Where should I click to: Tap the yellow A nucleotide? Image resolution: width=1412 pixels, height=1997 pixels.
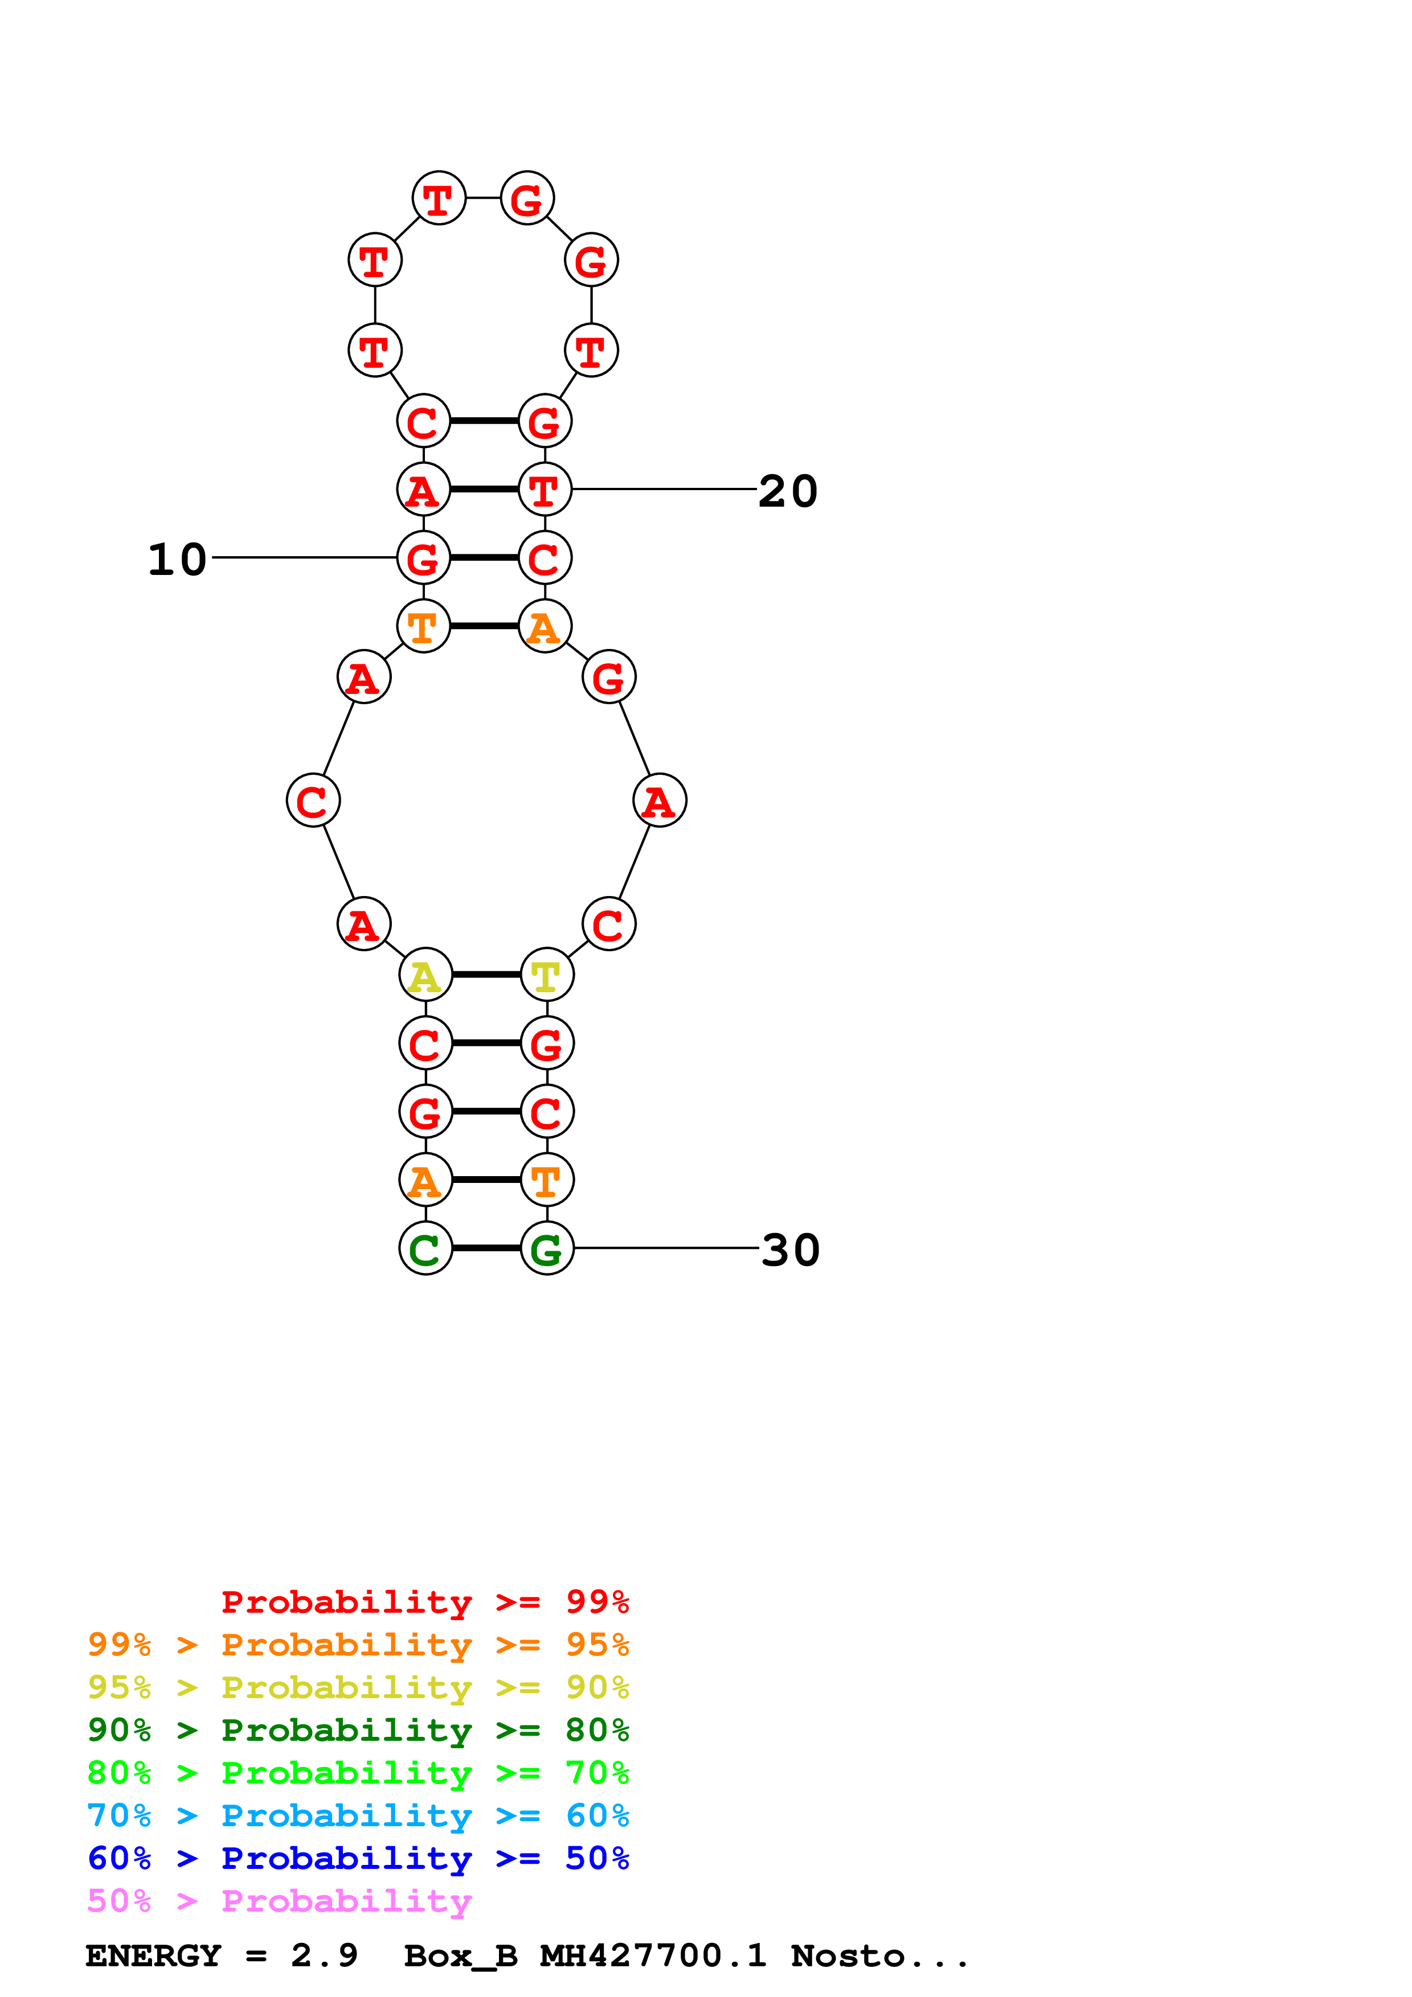coord(425,975)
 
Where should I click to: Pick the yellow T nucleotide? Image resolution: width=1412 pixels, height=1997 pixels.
coord(547,975)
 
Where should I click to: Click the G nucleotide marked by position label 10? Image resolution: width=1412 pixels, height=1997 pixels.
coord(424,557)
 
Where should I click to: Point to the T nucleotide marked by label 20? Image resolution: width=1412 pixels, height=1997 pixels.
coord(546,489)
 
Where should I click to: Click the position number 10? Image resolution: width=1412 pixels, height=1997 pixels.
coord(178,559)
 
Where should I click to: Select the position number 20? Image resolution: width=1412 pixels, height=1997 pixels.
coord(788,491)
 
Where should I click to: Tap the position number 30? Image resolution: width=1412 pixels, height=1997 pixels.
coord(791,1250)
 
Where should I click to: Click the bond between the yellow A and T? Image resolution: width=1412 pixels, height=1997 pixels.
coord(486,975)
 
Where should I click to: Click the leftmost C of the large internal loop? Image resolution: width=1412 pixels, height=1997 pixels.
coord(313,800)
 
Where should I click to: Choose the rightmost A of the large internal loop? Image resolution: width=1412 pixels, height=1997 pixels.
coord(660,800)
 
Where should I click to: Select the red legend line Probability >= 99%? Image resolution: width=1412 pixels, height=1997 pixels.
coord(425,1601)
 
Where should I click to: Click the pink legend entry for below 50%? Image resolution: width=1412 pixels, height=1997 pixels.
coord(279,1900)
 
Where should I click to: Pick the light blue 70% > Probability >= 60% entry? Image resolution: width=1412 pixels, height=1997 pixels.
coord(358,1815)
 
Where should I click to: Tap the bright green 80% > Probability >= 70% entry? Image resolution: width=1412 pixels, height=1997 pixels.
coord(358,1773)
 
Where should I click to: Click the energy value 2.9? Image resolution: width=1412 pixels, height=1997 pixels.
coord(325,1955)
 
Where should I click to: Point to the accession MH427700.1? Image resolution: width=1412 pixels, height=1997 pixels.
coord(653,1955)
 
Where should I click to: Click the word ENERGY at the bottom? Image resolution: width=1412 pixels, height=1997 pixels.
coord(153,1955)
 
